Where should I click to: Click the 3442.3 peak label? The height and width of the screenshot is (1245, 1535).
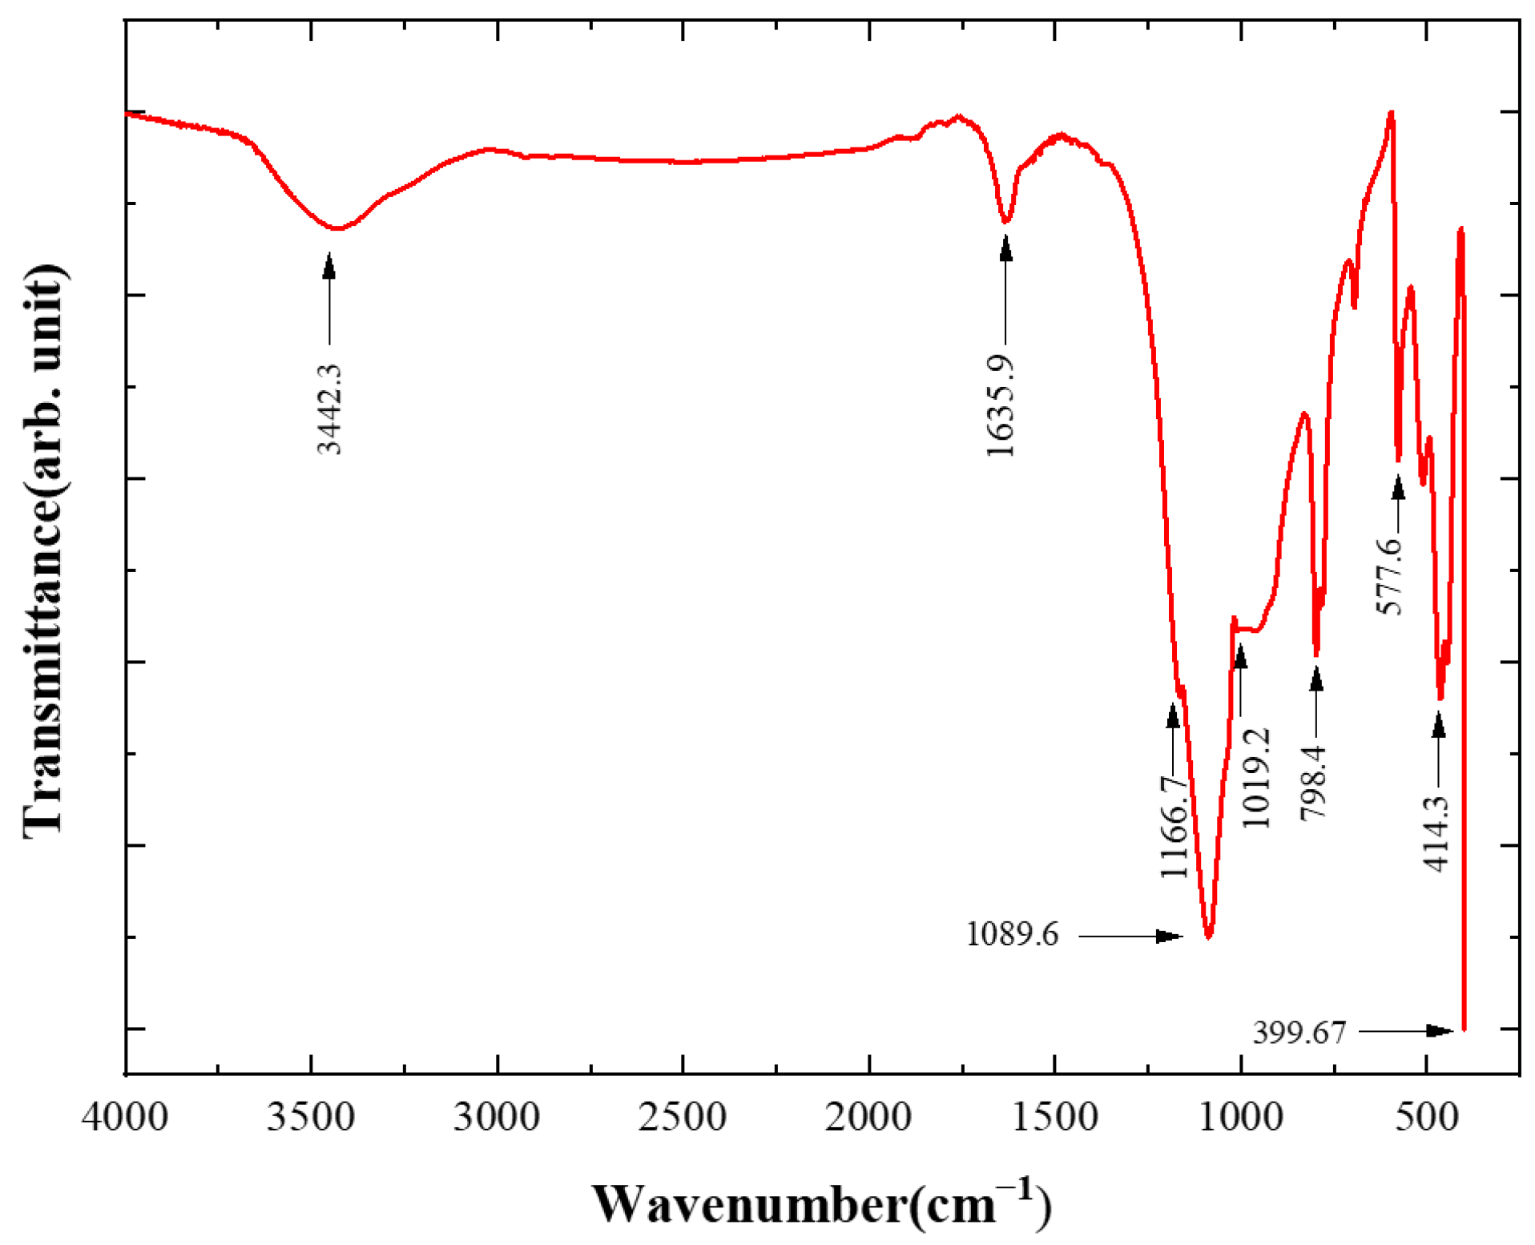(329, 409)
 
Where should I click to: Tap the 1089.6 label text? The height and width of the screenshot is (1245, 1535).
(1012, 934)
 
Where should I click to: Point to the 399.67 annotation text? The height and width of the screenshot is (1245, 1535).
(1299, 1032)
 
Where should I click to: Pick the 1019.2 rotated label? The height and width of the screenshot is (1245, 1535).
(1256, 777)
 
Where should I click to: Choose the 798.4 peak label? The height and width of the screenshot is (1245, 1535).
(1314, 782)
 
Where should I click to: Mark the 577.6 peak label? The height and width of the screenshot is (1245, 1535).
(1390, 576)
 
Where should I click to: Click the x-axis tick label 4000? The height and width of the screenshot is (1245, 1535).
(125, 1116)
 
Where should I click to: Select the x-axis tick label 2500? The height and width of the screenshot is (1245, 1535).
(683, 1116)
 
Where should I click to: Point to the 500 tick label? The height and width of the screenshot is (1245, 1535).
(1427, 1116)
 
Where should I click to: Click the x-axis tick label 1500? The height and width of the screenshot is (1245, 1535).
(1054, 1116)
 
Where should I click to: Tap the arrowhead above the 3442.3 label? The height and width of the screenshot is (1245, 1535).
(329, 264)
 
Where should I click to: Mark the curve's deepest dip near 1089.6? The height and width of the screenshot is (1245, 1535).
(1209, 936)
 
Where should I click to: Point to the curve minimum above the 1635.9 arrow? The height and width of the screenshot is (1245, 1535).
(1006, 220)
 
